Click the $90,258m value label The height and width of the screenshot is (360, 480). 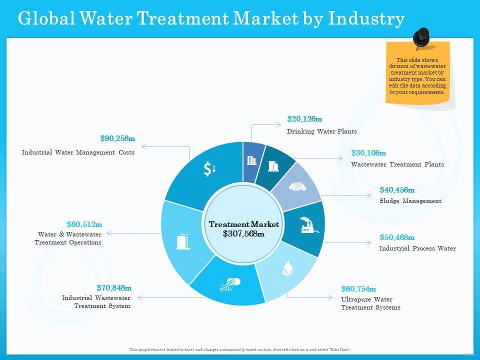[117, 138]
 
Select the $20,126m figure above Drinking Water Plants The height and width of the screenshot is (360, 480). [304, 119]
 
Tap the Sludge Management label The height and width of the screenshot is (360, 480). [410, 201]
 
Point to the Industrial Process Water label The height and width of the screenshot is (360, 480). [417, 248]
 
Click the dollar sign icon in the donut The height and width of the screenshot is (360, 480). [209, 169]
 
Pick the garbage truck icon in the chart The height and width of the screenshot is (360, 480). [297, 186]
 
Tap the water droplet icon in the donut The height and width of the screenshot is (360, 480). [287, 268]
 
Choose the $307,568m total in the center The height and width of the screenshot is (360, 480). [243, 233]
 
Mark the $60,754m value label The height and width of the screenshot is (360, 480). [358, 289]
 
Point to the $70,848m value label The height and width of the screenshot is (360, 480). [114, 287]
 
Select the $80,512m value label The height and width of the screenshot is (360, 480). [84, 224]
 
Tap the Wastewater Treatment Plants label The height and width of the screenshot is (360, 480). [397, 164]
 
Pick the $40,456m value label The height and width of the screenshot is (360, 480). [397, 190]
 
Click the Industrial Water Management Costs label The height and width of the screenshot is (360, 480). [78, 152]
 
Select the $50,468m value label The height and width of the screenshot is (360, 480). [397, 237]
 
